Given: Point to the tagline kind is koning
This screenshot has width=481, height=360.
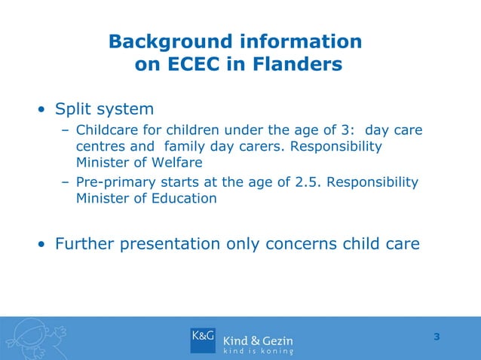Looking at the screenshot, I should pyautogui.click(x=258, y=352).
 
